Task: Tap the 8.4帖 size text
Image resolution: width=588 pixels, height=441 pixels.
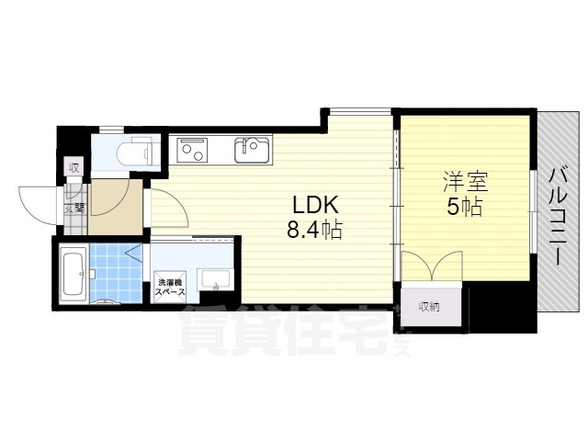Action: click(x=314, y=230)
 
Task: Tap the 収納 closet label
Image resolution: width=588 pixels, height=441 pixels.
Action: click(x=429, y=307)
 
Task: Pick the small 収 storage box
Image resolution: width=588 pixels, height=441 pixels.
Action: click(x=73, y=168)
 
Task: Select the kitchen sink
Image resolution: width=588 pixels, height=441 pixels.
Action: click(x=251, y=147)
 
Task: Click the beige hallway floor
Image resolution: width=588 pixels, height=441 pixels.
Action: click(x=115, y=207)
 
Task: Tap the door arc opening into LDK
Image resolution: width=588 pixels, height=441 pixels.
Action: click(x=171, y=207)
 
